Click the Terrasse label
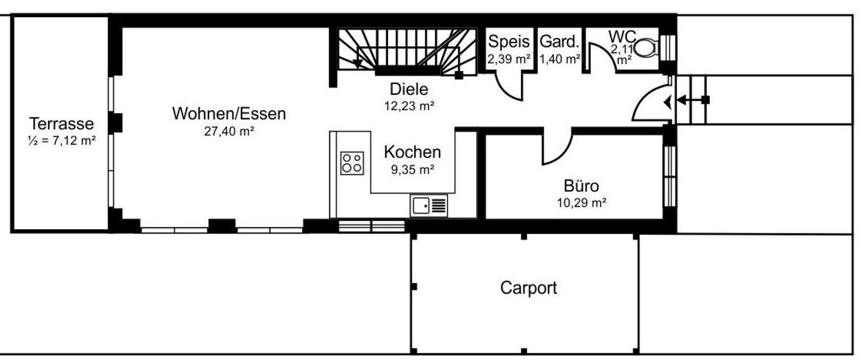(x=61, y=124)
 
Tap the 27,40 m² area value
(x=229, y=131)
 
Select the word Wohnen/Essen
(x=229, y=114)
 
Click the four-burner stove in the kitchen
(x=352, y=163)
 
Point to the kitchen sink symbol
(x=429, y=206)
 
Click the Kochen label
(x=412, y=152)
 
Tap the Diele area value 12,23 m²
(x=409, y=105)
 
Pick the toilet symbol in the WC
(x=646, y=49)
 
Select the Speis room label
(x=508, y=41)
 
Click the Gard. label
(x=559, y=41)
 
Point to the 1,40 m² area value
(x=560, y=59)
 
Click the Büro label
(x=581, y=186)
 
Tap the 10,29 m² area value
(x=581, y=202)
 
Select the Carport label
(x=528, y=288)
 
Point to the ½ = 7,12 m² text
(x=61, y=140)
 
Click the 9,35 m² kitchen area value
(x=413, y=169)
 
